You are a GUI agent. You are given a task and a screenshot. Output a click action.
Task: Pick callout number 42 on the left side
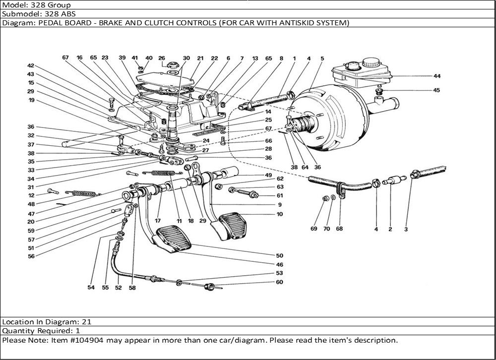coord(31,66)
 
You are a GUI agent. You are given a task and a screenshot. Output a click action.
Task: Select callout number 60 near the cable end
coord(280,282)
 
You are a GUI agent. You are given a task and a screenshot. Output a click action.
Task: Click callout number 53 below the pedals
coord(280,273)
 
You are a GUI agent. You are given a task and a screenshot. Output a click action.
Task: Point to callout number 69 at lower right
coord(313,229)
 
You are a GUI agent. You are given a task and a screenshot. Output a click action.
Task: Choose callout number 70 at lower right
coord(326,229)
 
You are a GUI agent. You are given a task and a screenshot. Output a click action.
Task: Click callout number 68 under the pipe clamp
coord(339,229)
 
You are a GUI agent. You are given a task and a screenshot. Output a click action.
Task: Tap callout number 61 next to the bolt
coord(280,195)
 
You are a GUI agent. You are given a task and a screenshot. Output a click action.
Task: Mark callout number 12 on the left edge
coord(31,195)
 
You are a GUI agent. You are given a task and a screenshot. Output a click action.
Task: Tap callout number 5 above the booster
coord(322,59)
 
